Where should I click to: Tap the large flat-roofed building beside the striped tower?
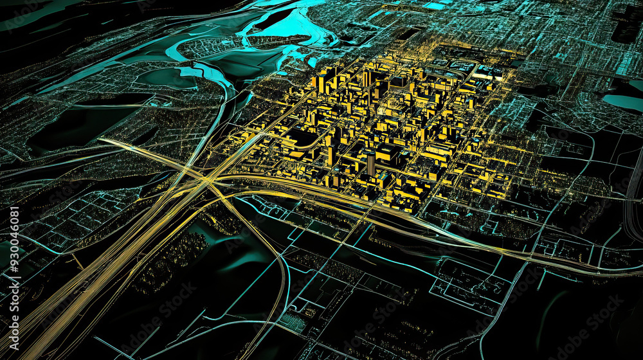388,152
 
